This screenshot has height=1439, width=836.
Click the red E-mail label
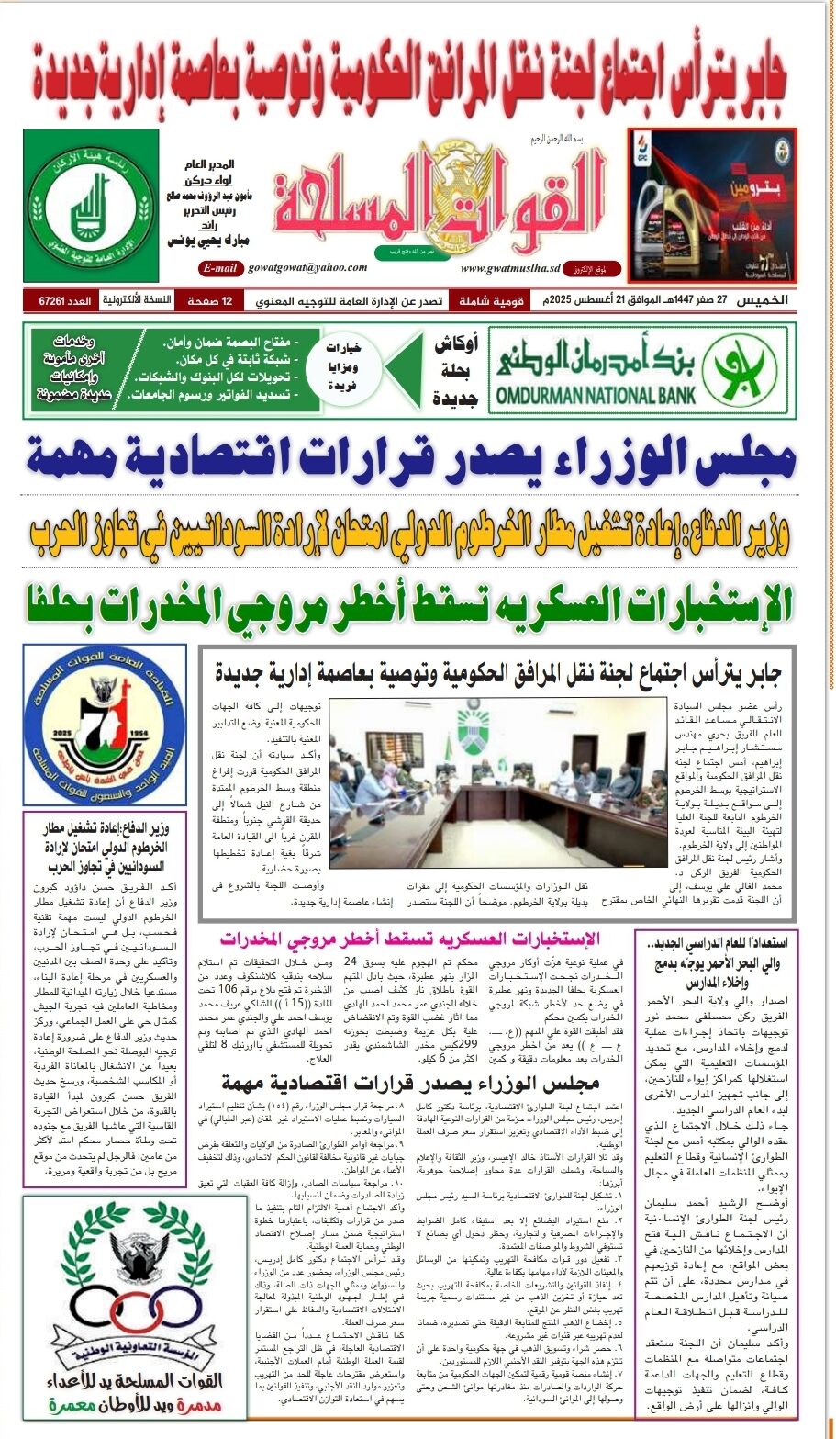221,268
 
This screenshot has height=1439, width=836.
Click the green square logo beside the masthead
78,194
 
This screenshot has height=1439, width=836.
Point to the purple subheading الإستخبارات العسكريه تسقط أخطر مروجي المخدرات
410,939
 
